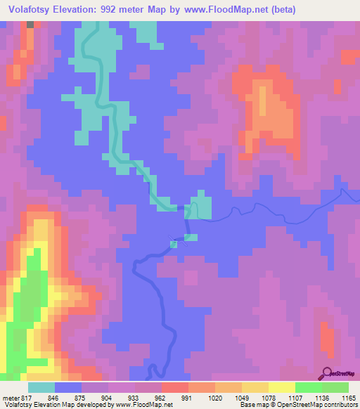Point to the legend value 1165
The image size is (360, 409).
tap(349, 397)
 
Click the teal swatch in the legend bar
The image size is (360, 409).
tap(41, 387)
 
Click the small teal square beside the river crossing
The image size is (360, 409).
tap(174, 244)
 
